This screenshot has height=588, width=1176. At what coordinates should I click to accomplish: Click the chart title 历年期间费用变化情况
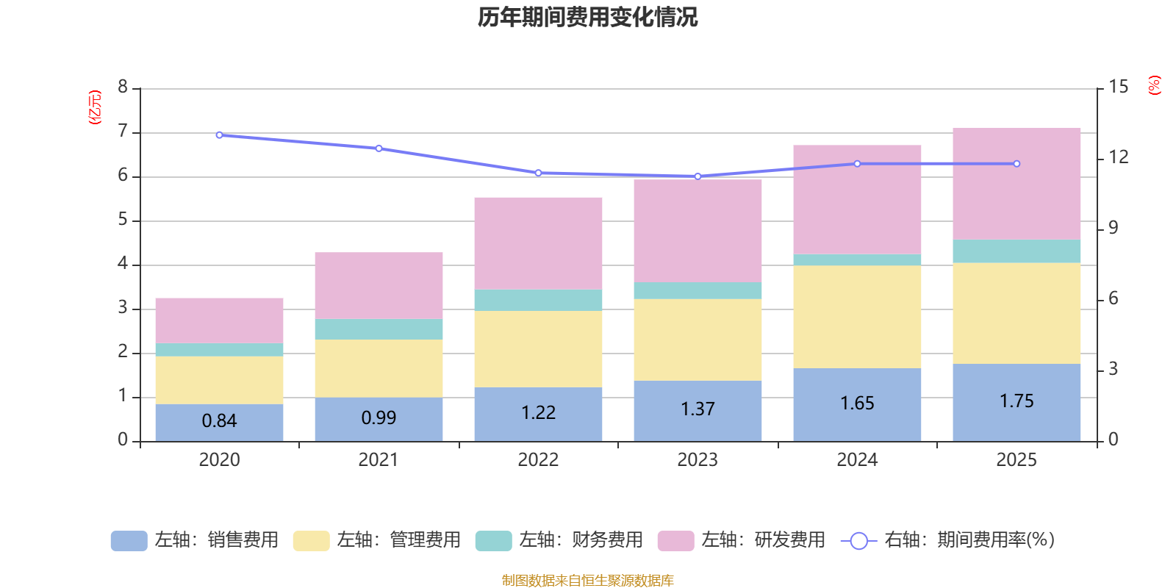587,17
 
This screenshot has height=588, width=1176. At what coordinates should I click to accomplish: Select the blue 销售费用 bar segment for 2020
219,422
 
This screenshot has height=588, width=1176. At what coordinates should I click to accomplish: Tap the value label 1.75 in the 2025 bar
1017,401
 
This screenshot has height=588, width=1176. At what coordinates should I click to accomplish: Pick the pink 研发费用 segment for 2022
538,243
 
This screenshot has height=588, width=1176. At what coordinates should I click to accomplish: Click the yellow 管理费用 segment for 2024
857,316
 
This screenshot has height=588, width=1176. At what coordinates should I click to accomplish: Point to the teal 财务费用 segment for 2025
1017,251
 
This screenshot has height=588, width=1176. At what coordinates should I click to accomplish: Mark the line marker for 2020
219,135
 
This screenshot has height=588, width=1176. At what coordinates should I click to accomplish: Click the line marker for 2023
698,176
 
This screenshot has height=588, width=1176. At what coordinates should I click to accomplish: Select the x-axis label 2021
379,460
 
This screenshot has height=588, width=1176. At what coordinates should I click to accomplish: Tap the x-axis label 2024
857,460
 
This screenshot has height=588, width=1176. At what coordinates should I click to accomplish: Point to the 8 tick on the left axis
123,87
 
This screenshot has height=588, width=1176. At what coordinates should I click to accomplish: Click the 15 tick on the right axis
1118,87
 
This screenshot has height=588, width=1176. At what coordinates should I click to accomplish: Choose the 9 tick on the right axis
1113,228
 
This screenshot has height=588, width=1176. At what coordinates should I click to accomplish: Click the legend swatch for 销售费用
129,541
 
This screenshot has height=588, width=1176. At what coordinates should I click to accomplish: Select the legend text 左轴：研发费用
763,540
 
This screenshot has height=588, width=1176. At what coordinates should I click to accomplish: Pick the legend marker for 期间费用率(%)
858,541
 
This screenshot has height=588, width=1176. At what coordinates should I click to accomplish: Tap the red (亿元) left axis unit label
95,107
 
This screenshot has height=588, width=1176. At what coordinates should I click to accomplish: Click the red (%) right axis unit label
1155,85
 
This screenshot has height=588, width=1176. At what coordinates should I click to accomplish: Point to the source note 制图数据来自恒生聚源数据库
587,581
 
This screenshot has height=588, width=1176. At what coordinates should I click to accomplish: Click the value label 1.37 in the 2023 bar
698,409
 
